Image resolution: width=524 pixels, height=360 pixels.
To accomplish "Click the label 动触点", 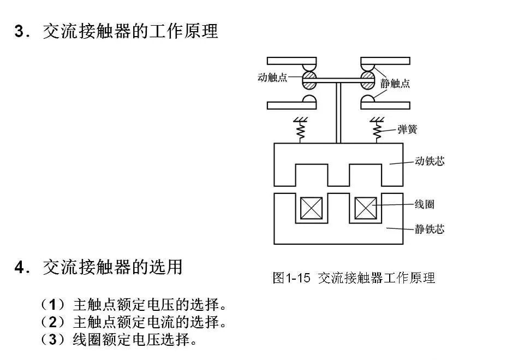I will tap(272, 78).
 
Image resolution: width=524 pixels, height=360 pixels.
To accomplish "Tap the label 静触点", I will tap(395, 84).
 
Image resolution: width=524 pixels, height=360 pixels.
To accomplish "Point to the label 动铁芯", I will tap(430, 162).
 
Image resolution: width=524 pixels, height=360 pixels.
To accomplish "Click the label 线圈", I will tap(424, 205).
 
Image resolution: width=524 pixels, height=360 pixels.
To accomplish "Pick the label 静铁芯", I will tap(430, 229).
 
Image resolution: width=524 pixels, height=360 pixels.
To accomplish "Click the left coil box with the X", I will tap(311, 208).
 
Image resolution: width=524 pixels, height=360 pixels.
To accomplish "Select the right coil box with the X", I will tap(366, 208).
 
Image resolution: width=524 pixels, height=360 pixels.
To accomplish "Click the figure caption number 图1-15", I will tap(291, 278).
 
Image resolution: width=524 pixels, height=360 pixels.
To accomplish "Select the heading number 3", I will tap(21, 31).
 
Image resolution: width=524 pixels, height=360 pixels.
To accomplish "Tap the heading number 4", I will tap(21, 268).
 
